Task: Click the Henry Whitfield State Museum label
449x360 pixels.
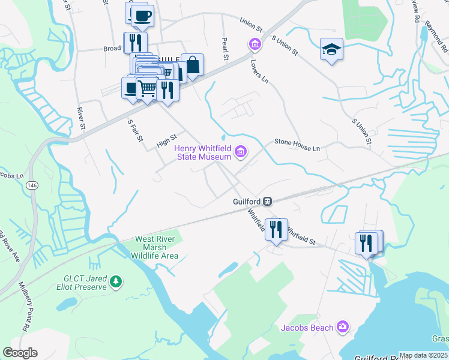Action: pos(202,152)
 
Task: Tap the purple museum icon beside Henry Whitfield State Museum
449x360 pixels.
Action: pos(241,152)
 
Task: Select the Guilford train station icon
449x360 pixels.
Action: pos(268,202)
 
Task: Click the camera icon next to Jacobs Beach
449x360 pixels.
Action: pos(342,326)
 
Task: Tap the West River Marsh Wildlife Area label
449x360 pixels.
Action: pos(156,247)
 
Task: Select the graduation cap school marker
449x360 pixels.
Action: pos(331,50)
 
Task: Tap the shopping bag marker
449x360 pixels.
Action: pos(193,65)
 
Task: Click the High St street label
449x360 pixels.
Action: pos(167,140)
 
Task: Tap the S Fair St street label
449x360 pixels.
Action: pos(136,130)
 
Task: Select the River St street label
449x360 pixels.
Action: pos(81,120)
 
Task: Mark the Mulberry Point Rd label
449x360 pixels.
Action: pos(25,307)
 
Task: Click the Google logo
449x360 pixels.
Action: pos(20,353)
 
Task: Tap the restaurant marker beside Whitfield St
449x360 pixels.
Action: pos(276,230)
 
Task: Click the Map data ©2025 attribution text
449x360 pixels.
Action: pos(423,355)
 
